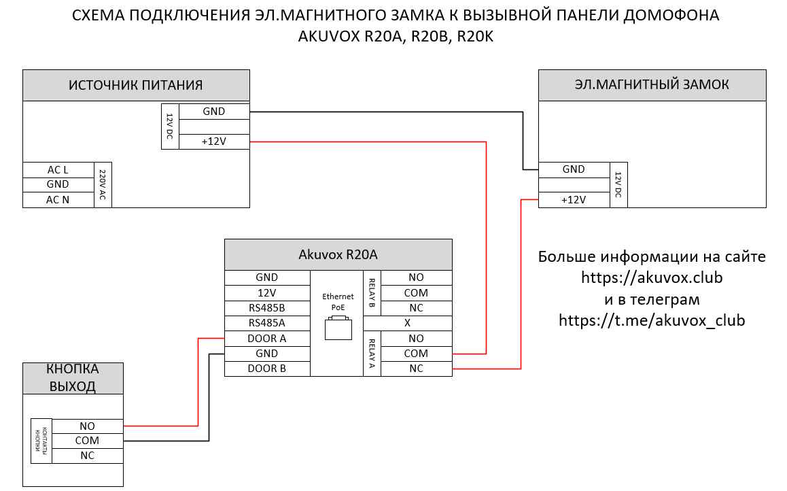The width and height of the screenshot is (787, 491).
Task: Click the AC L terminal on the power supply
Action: pyautogui.click(x=58, y=169)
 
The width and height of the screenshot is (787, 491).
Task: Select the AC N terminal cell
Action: pyautogui.click(x=58, y=200)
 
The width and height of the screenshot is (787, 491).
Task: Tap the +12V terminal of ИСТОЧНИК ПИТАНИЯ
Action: pyautogui.click(x=213, y=142)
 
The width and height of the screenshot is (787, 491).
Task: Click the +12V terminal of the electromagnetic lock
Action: pyautogui.click(x=574, y=200)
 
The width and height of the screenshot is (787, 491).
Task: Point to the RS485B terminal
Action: pyautogui.click(x=267, y=308)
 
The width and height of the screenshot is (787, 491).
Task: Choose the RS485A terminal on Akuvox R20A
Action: pyautogui.click(x=267, y=323)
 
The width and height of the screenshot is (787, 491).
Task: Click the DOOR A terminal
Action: pyautogui.click(x=267, y=339)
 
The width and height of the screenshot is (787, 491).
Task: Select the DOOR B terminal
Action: pyautogui.click(x=267, y=369)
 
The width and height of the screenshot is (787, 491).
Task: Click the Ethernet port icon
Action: pyautogui.click(x=338, y=329)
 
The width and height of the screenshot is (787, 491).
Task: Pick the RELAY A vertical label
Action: pyautogui.click(x=372, y=353)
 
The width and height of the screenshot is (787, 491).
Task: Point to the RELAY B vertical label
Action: pyautogui.click(x=372, y=292)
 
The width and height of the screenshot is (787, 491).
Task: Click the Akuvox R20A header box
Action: pyautogui.click(x=338, y=255)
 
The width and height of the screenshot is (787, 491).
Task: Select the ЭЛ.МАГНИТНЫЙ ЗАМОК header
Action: pyautogui.click(x=652, y=85)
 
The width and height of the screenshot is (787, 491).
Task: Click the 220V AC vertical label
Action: pyautogui.click(x=103, y=184)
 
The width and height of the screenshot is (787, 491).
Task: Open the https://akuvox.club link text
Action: pyautogui.click(x=652, y=278)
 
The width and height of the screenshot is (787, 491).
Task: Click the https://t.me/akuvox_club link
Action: pyautogui.click(x=652, y=320)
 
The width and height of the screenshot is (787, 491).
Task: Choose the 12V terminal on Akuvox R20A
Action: pyautogui.click(x=267, y=293)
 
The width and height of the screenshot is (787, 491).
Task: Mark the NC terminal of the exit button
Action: pyautogui.click(x=88, y=456)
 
